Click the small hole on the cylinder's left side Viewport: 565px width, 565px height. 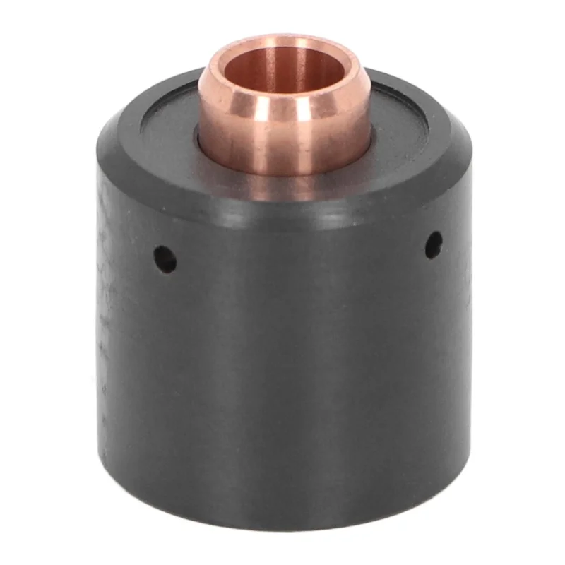165,259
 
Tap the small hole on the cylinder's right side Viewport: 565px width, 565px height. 433,244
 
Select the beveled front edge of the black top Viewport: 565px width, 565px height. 282,208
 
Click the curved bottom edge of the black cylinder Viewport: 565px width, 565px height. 282,526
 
